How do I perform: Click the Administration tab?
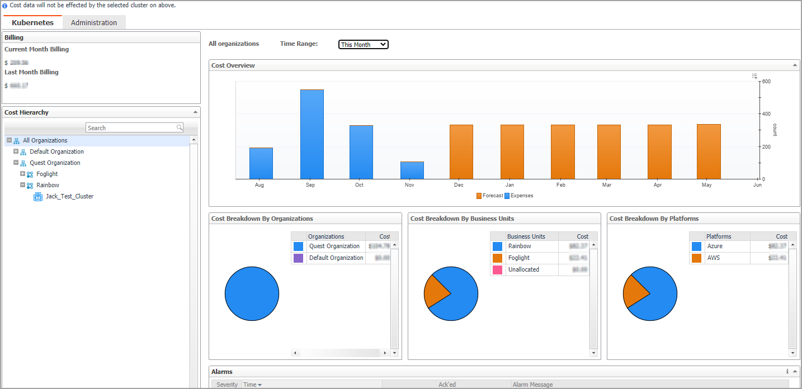94,22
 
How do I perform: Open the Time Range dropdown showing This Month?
363,45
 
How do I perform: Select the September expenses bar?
312,134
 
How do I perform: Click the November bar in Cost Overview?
412,170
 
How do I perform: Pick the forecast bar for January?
512,151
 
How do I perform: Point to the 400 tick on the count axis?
766,114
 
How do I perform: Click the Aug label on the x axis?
260,185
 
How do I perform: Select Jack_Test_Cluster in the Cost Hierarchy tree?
69,196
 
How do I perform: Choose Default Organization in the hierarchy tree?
56,151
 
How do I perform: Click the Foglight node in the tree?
47,174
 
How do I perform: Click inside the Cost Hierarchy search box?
131,128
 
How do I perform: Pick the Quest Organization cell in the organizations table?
334,246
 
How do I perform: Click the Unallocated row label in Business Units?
523,269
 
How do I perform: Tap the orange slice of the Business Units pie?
436,291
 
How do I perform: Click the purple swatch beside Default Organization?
298,258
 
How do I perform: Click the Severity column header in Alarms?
227,385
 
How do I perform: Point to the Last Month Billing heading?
31,72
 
